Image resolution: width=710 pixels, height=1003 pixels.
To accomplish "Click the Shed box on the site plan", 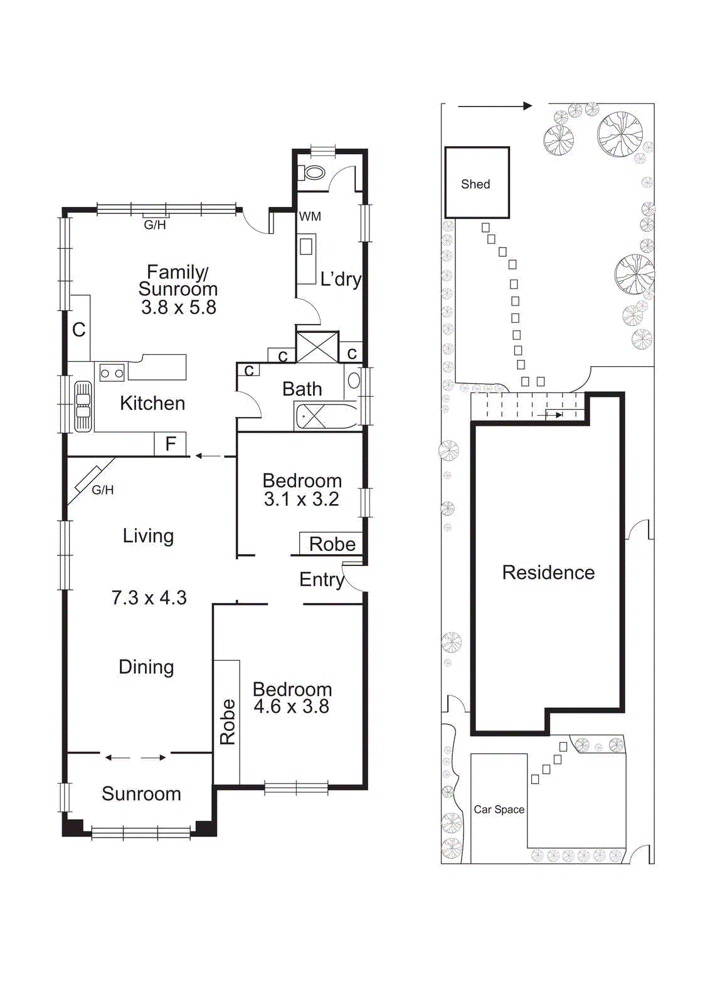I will tap(477, 182).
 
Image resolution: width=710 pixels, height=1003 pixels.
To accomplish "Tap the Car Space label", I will tap(499, 809).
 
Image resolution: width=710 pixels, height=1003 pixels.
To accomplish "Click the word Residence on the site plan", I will tap(548, 572).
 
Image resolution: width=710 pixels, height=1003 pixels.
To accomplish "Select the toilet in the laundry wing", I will tap(313, 172).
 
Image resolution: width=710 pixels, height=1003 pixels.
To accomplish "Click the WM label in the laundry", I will tap(310, 216).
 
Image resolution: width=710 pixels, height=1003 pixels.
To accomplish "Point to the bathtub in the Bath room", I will tap(326, 416).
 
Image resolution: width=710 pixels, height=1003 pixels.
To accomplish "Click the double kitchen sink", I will tap(83, 406).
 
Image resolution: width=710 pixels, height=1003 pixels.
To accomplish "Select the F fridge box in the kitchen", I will tap(170, 444).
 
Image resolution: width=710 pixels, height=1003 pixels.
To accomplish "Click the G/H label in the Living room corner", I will tap(103, 490).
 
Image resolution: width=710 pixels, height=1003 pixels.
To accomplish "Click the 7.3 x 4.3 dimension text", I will tap(149, 597).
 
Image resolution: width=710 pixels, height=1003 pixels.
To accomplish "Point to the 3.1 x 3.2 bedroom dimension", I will tap(301, 499).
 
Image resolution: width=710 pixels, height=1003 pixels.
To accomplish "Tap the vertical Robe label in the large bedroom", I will tap(227, 722).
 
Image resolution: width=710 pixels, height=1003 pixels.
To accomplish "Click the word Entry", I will tap(321, 579).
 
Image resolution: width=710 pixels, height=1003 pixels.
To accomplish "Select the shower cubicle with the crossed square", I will tap(317, 347).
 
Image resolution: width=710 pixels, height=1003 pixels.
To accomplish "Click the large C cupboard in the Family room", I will tap(79, 329).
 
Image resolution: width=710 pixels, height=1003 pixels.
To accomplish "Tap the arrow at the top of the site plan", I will tap(495, 106).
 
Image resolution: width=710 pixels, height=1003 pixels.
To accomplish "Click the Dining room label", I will tap(146, 666).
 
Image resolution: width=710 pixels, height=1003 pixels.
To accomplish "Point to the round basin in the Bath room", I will tap(354, 380).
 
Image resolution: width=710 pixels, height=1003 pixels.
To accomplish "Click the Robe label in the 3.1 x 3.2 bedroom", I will tap(332, 544).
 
